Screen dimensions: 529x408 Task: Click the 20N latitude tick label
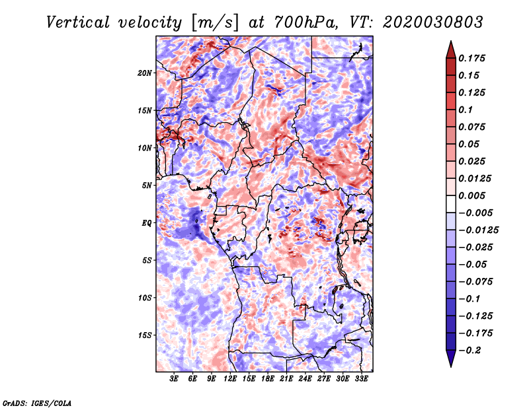point(145,73)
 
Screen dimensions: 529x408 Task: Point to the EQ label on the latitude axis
point(146,223)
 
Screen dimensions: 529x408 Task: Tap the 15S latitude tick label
point(145,335)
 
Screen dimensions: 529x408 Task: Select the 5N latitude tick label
point(147,186)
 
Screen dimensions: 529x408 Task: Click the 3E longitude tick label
point(174,379)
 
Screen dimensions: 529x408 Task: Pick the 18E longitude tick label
point(268,379)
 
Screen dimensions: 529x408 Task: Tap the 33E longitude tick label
point(361,379)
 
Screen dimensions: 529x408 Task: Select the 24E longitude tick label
point(305,379)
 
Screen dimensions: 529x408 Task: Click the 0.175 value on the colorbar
point(471,58)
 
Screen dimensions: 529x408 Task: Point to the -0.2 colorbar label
point(469,351)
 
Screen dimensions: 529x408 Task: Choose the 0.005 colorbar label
point(471,195)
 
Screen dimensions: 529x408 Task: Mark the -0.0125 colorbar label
point(478,230)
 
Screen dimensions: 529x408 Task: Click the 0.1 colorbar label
point(466,110)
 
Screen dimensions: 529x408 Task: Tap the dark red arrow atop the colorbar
point(451,50)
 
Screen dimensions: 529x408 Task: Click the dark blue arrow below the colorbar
point(451,358)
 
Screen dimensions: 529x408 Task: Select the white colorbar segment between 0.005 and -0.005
point(451,204)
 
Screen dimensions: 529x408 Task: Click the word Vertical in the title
point(78,22)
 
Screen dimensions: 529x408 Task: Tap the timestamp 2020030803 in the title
point(433,22)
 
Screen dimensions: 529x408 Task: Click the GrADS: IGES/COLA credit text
point(37,403)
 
